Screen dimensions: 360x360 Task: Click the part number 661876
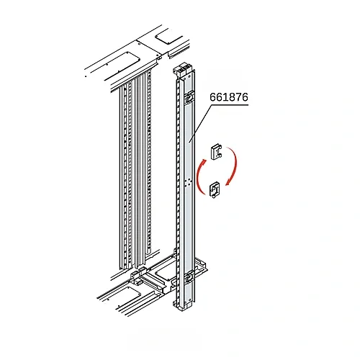click(x=229, y=97)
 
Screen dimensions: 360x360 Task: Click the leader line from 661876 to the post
click(x=200, y=123)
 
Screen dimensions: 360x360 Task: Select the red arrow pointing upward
click(x=201, y=176)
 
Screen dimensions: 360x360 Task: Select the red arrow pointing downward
click(x=232, y=166)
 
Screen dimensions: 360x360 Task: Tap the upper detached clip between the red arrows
click(x=216, y=151)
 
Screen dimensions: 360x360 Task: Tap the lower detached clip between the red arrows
click(x=215, y=190)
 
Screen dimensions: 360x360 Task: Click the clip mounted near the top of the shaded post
click(x=189, y=97)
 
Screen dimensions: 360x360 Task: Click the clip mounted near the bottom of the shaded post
click(x=189, y=276)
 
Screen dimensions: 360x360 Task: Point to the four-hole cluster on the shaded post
click(x=188, y=182)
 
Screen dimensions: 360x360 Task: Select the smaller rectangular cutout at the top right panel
click(x=168, y=37)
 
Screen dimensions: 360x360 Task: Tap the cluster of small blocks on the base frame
click(x=138, y=274)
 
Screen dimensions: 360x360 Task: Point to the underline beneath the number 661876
click(x=230, y=104)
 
